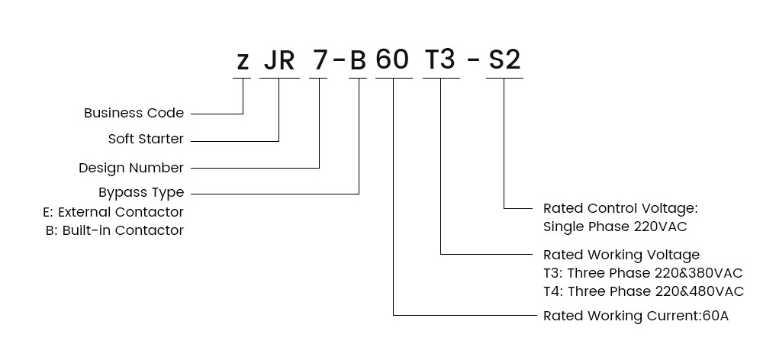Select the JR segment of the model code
[x=279, y=60]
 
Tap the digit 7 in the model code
[x=320, y=60]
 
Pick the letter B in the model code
[x=358, y=60]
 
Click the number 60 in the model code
[x=392, y=59]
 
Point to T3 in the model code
[x=440, y=59]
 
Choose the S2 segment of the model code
[x=504, y=60]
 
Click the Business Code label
[x=134, y=113]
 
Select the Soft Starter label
[x=146, y=139]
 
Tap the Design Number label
[x=131, y=168]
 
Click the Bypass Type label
[x=141, y=193]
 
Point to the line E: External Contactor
[x=114, y=212]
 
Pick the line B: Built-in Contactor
[x=115, y=230]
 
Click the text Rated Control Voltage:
[x=620, y=208]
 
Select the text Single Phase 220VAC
[x=615, y=227]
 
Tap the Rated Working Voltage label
[x=621, y=255]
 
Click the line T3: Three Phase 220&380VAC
[x=642, y=273]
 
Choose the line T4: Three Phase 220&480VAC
[x=643, y=291]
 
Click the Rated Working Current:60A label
[x=636, y=316]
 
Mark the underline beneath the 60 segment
[x=394, y=78]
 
